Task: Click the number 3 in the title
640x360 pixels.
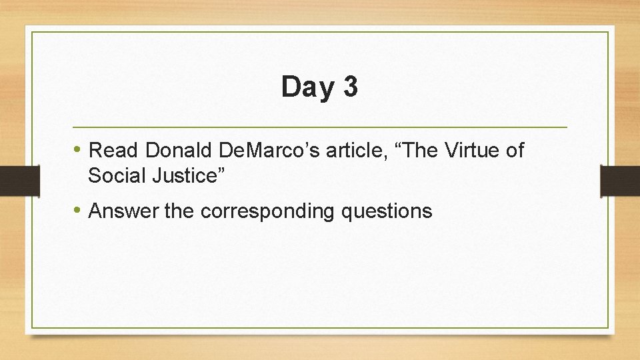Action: [350, 87]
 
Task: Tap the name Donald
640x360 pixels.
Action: [175, 151]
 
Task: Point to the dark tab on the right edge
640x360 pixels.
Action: [620, 181]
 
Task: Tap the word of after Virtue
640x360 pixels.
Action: [515, 151]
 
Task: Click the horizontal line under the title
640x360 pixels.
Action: [320, 127]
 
